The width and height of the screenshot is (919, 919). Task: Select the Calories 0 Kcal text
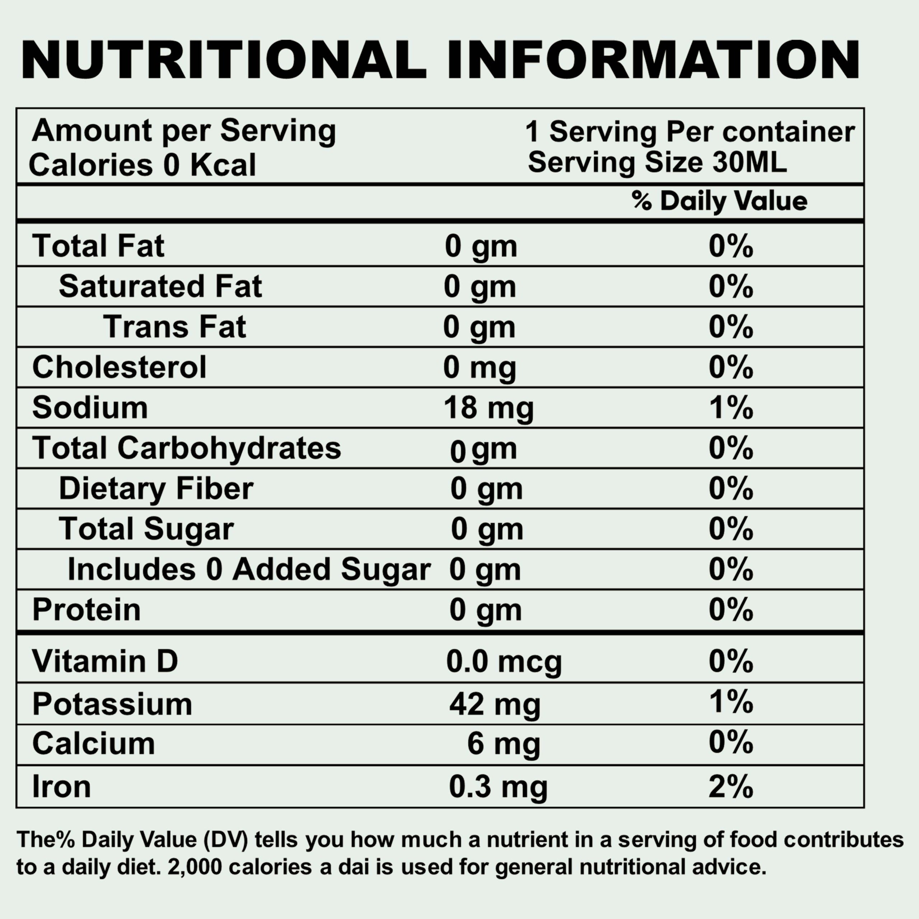coord(142,165)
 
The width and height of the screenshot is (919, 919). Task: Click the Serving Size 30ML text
coord(657,162)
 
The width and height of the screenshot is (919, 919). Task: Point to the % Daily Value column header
coord(719,201)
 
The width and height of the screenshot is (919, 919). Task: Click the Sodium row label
coord(90,408)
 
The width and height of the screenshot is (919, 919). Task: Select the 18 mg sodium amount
coord(489,408)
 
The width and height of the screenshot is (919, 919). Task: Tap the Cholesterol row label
coord(119,367)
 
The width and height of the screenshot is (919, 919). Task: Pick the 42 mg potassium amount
coord(495,704)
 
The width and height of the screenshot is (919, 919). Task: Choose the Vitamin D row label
coord(105,661)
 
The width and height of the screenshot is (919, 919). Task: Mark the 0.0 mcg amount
coord(504,662)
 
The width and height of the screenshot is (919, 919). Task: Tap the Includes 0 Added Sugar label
coord(249,569)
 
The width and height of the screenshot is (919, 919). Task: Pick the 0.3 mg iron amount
coord(498,787)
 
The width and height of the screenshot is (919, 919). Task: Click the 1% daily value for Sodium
coord(731,408)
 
